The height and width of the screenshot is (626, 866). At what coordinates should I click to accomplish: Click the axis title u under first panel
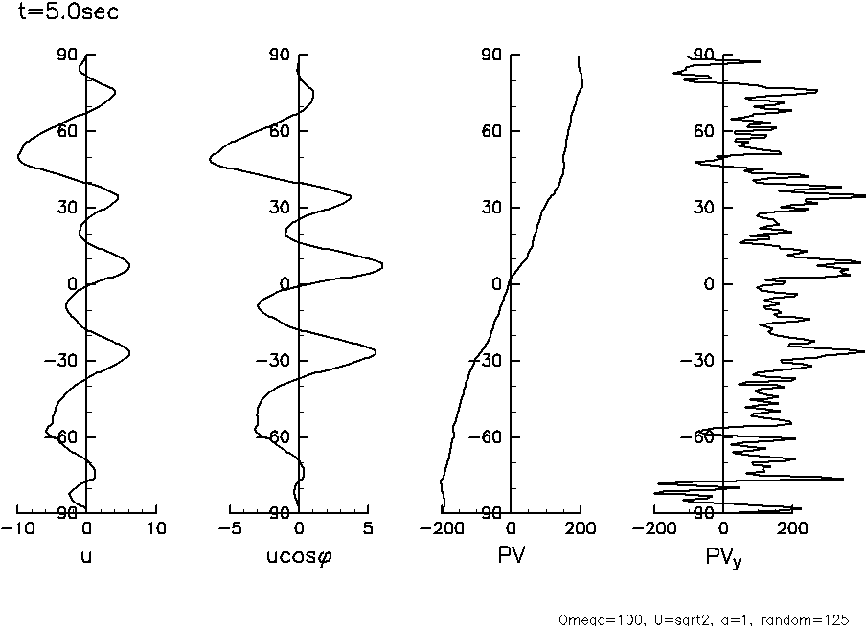tap(86, 554)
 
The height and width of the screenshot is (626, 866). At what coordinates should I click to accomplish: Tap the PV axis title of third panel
tap(511, 554)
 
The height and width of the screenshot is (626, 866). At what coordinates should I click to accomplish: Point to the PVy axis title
tap(724, 556)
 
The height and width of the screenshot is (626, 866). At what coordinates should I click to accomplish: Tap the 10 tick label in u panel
tap(156, 528)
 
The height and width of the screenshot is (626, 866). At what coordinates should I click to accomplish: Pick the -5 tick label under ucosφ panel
tap(230, 528)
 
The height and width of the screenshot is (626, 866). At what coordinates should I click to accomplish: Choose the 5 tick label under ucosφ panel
tap(369, 528)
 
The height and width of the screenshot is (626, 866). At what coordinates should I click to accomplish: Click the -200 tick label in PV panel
tap(441, 528)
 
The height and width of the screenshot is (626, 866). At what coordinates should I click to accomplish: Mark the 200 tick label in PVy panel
tap(792, 528)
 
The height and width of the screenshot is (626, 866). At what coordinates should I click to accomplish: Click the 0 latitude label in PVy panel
tap(708, 284)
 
